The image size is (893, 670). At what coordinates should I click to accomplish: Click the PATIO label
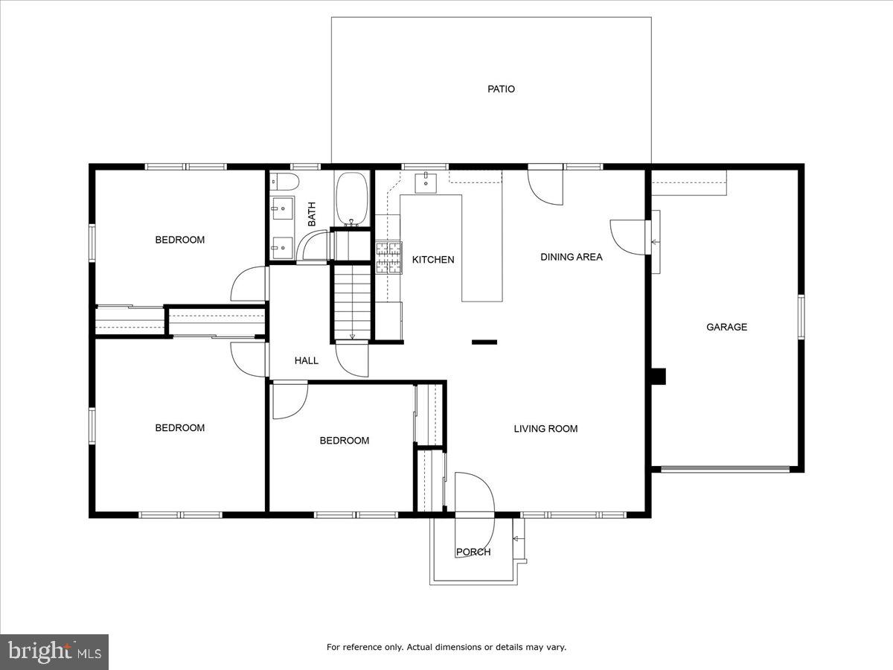[501, 89]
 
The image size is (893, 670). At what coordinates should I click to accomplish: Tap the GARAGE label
[726, 327]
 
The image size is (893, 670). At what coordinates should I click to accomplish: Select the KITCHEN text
[433, 260]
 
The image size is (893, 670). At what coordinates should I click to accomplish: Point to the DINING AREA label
[571, 257]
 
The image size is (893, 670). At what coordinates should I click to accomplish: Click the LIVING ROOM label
[545, 429]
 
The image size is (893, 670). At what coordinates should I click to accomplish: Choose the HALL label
[306, 361]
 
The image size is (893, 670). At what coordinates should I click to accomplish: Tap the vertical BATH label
[312, 214]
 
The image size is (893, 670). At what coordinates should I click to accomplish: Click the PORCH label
[473, 552]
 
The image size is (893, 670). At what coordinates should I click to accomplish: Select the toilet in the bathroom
[284, 182]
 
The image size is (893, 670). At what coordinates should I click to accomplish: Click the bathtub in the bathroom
[352, 199]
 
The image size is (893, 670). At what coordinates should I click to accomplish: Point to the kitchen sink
[425, 181]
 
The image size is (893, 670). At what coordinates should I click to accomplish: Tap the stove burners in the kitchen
[388, 258]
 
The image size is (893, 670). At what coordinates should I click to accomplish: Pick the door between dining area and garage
[627, 237]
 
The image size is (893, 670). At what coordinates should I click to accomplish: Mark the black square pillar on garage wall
[658, 376]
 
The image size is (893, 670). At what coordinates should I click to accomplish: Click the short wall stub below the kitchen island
[484, 342]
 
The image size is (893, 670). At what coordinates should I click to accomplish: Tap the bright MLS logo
[54, 652]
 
